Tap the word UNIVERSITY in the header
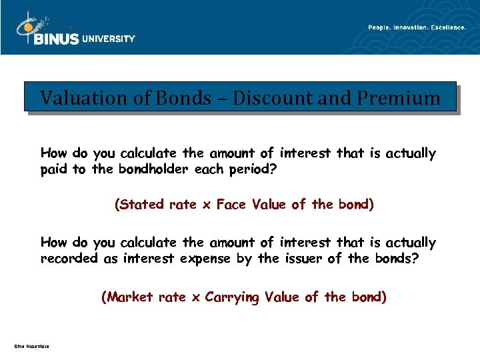click(x=109, y=39)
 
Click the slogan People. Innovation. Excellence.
click(x=417, y=27)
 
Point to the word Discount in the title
click(x=258, y=99)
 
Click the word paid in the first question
click(x=54, y=169)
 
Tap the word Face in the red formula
click(x=231, y=205)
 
